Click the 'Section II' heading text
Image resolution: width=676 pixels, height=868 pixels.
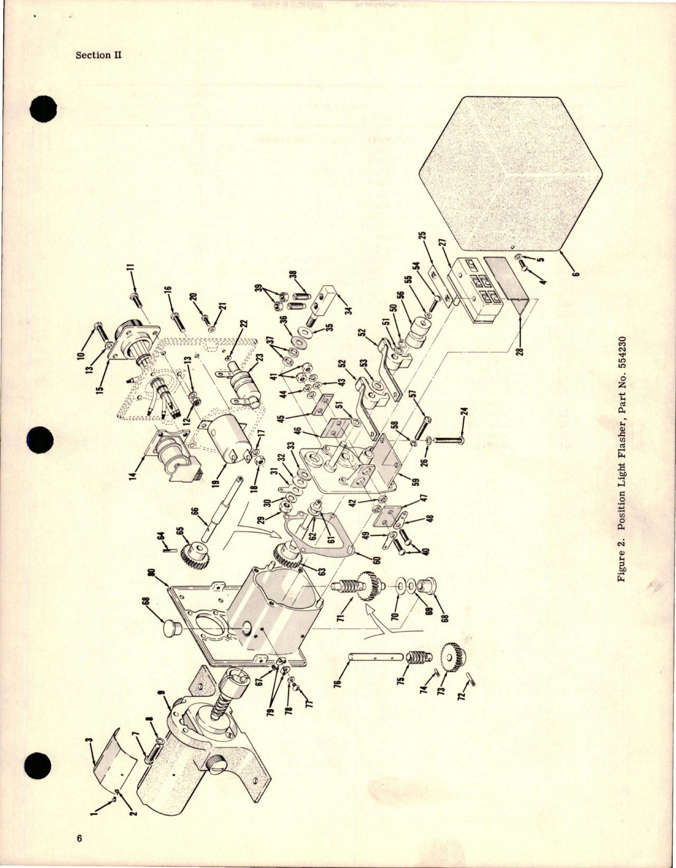tap(99, 55)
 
